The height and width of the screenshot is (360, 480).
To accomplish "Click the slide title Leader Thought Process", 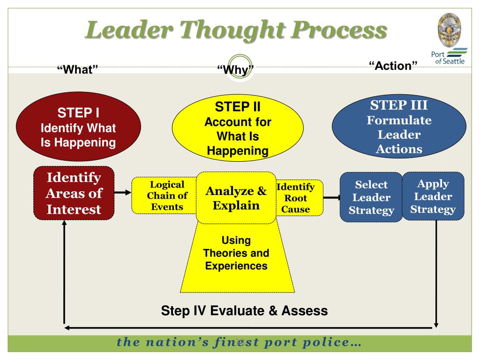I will click(237, 31).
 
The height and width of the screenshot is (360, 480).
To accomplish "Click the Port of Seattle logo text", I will click(449, 57).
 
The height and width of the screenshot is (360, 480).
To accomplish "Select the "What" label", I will click(77, 69).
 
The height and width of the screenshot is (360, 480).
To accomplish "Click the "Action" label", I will click(393, 66).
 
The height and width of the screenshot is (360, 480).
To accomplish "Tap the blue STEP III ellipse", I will click(399, 127).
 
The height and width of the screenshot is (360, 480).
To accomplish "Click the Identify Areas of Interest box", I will click(74, 193).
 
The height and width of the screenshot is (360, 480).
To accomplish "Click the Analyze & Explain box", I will click(236, 198).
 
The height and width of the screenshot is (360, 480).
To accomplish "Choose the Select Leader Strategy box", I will click(371, 197).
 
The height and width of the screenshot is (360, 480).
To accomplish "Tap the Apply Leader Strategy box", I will click(433, 196).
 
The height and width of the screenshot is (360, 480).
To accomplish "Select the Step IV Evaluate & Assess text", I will click(244, 310).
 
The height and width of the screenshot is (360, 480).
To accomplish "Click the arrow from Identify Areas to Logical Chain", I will click(122, 192).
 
